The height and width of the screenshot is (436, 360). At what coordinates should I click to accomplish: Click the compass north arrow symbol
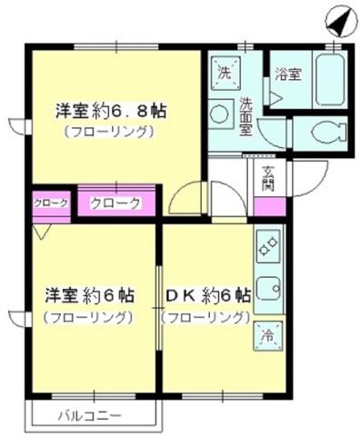(x=337, y=21)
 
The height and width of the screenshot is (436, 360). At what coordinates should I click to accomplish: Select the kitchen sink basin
(x=269, y=290)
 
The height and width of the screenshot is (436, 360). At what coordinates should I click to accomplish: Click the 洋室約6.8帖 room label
(x=113, y=112)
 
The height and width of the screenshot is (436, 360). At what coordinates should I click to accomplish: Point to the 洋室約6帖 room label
(x=91, y=296)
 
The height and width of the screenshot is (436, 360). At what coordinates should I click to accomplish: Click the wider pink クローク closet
(x=115, y=203)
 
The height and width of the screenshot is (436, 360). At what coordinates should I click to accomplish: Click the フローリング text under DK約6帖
(x=206, y=318)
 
